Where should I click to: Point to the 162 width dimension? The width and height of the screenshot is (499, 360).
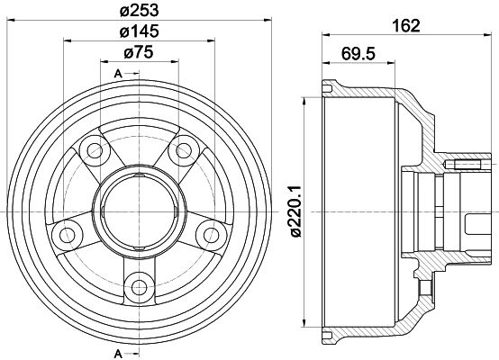click(x=407, y=25)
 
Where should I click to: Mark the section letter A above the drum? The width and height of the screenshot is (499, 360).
click(x=118, y=73)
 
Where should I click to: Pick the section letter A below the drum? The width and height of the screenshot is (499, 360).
click(x=118, y=352)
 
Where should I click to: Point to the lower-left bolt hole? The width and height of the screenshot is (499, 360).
click(x=64, y=234)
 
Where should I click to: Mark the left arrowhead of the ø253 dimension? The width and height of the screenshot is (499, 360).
click(x=21, y=18)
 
